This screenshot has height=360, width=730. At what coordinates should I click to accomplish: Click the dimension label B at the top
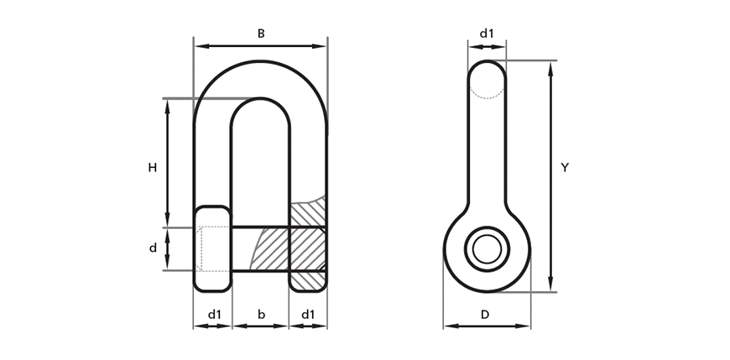coord(261,34)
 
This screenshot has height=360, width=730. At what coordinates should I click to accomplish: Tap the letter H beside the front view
coord(152,168)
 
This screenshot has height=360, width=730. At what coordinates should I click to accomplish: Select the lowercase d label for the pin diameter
coord(153,248)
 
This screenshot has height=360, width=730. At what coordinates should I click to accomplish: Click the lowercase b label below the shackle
coord(261,315)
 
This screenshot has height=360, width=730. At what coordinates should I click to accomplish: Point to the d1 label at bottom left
coord(214,315)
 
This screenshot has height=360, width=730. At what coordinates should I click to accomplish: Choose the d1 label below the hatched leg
coord(308,315)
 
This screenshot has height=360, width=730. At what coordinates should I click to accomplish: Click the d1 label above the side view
coord(487,34)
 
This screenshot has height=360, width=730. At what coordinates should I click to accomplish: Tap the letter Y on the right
coord(564,168)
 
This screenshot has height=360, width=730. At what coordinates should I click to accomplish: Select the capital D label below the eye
coord(485,315)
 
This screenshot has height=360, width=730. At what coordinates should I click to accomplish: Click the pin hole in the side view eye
coord(487,249)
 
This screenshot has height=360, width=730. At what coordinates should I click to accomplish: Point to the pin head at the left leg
coord(212,248)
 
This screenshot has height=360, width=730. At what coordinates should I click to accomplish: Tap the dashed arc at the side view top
coord(487,96)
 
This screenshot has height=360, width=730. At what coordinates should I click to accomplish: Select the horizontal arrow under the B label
coord(261,46)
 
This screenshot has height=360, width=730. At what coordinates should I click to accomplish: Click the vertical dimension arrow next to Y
coord(550,176)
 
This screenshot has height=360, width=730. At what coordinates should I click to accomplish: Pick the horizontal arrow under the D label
coord(487,326)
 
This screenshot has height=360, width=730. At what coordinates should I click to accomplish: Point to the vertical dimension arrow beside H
coord(168,163)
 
